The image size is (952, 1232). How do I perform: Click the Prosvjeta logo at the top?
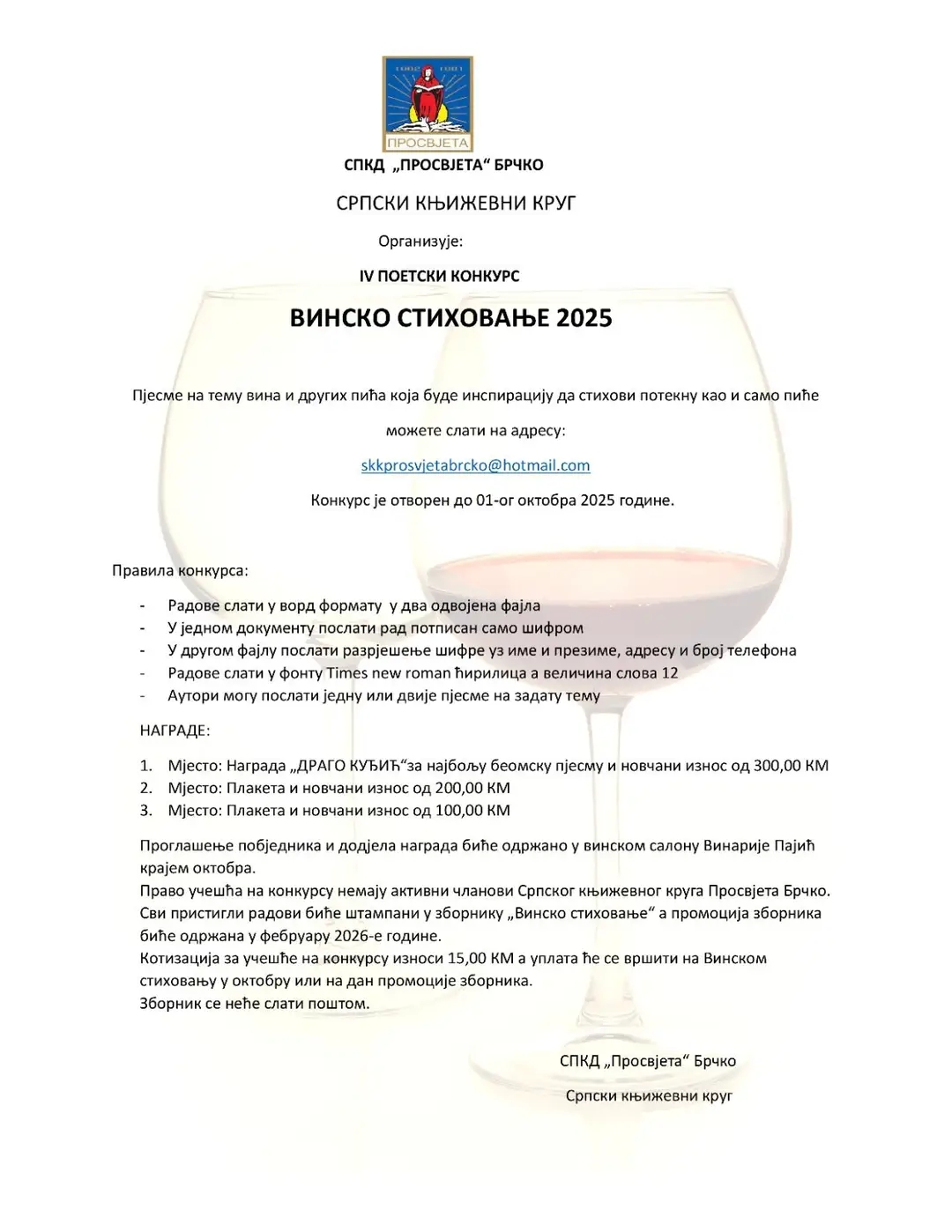pos(428,104)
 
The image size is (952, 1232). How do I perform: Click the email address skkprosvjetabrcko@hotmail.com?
pos(475,465)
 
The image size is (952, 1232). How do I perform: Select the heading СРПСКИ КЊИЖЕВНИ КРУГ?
pos(456,204)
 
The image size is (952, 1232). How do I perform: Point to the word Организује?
pos(420,241)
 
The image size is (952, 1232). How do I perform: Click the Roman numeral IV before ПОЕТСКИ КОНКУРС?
pos(367,276)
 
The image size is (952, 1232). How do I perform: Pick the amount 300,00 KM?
pos(791,766)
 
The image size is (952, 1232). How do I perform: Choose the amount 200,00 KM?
pos(472,788)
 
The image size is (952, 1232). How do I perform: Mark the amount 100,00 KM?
pos(472,811)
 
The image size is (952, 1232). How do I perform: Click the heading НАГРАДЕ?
pos(175,731)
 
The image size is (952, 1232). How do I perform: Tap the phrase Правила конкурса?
pos(180,571)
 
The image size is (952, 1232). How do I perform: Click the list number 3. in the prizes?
pos(146,811)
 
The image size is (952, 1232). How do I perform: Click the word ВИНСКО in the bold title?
pos(339,318)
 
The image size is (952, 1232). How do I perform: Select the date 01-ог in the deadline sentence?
pos(495,501)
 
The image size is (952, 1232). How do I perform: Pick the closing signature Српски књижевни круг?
pos(649,1095)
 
